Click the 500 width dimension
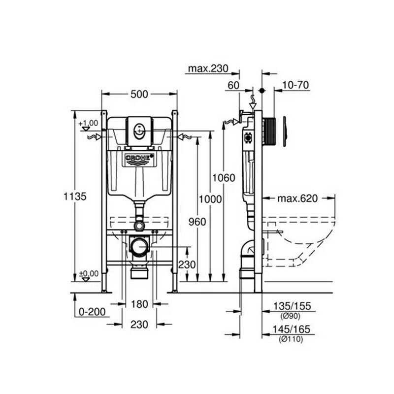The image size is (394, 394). (x=139, y=95)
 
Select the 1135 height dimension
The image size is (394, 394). (x=75, y=196)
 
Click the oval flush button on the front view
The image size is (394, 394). (x=139, y=131)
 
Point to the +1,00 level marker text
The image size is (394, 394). (x=88, y=124)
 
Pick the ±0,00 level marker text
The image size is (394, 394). (x=89, y=273)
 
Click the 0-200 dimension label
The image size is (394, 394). (x=92, y=312)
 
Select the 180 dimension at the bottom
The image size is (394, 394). (x=139, y=304)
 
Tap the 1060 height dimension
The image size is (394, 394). (x=224, y=178)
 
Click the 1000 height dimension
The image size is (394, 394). (x=210, y=199)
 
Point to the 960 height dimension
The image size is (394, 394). (x=197, y=222)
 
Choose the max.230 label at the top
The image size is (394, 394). (x=208, y=68)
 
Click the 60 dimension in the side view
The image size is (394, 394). (x=233, y=85)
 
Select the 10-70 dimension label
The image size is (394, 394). (x=295, y=85)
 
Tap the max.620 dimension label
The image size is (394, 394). (x=298, y=198)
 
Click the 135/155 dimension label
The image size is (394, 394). (x=292, y=306)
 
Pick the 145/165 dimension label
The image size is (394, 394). (x=292, y=329)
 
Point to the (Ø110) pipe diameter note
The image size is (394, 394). (x=291, y=339)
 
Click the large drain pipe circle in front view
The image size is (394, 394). (x=139, y=247)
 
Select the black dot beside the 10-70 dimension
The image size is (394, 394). (x=262, y=91)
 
